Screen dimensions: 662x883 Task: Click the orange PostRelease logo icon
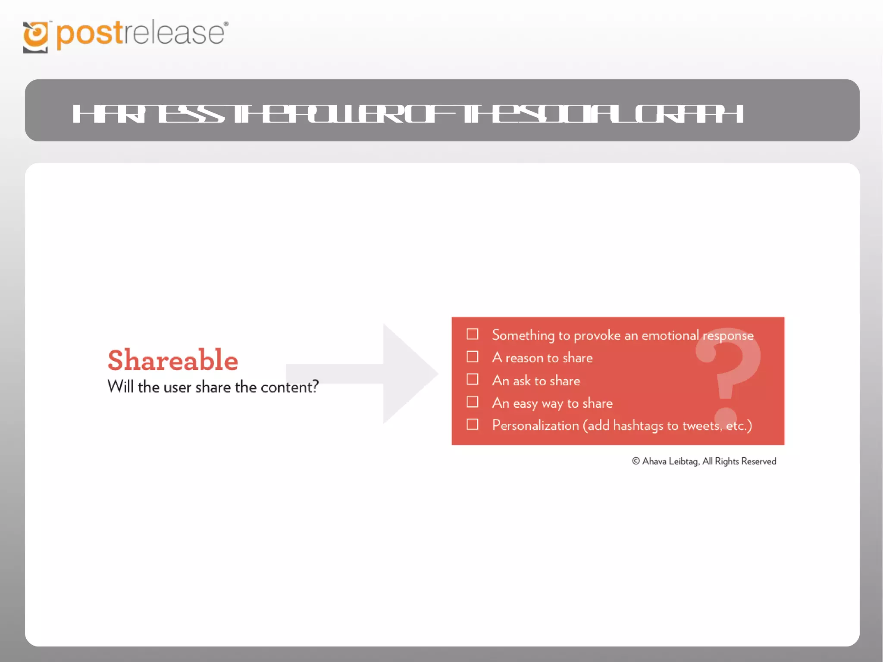coord(36,37)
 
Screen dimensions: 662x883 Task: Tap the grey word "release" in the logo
coord(174,34)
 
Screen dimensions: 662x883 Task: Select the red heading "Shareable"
coord(172,360)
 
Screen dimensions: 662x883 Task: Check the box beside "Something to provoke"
coord(473,334)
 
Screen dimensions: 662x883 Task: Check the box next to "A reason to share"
coord(473,357)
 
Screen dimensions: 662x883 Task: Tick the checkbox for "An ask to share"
coord(473,379)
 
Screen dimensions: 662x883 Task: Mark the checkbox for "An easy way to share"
coord(473,402)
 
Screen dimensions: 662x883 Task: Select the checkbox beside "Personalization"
coord(473,425)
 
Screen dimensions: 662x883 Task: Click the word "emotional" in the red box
coord(670,335)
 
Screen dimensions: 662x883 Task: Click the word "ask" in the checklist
coord(522,381)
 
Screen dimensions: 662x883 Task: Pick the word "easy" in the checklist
coord(525,404)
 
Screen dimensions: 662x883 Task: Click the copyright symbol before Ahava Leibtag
coord(636,461)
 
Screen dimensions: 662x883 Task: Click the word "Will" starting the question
coord(120,387)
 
